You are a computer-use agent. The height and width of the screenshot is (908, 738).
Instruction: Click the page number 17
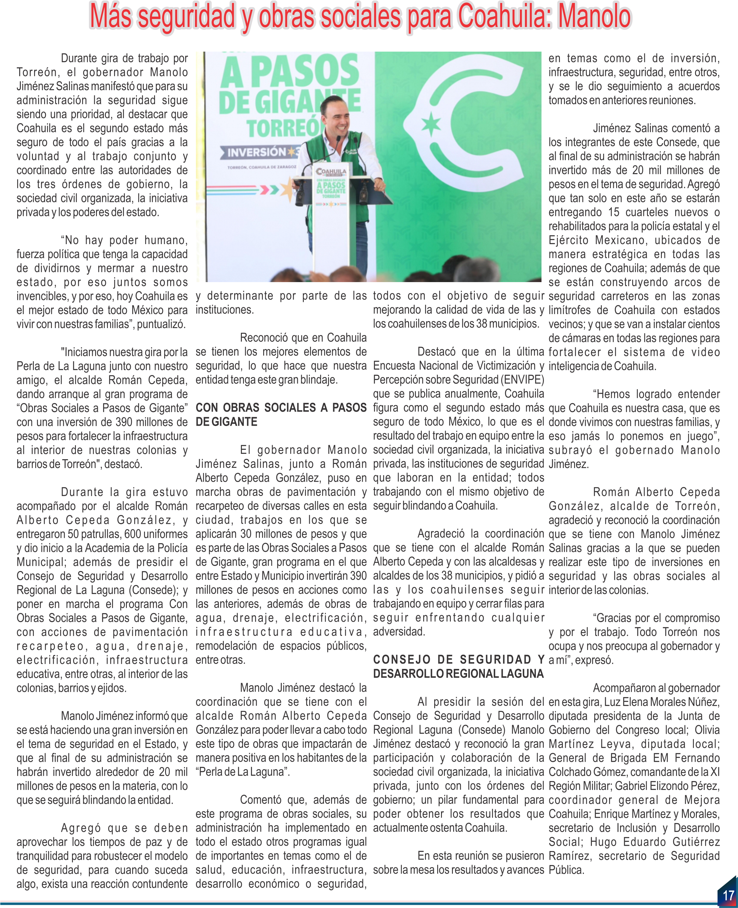(x=728, y=895)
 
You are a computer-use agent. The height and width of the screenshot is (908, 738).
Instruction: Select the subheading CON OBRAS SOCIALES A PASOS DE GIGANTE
(x=281, y=414)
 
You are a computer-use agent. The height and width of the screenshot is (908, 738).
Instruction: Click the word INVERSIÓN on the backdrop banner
(x=256, y=152)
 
